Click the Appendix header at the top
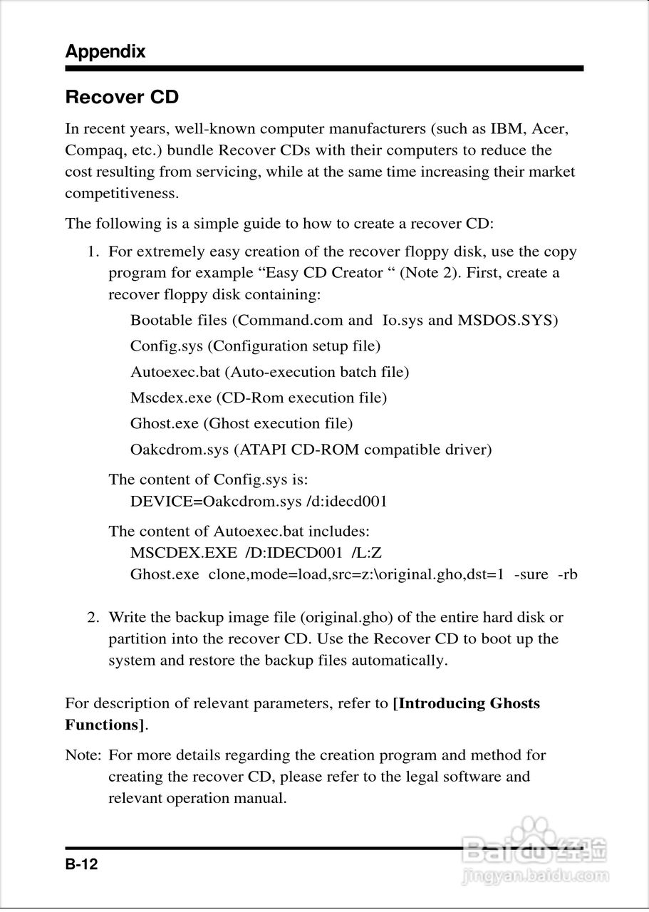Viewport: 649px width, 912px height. tap(105, 51)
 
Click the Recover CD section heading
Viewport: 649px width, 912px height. tap(122, 98)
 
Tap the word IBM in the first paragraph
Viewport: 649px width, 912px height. tap(507, 129)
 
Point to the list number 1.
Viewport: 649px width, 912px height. tap(92, 252)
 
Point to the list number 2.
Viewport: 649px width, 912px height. tap(93, 617)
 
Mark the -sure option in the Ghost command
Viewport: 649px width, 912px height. tap(531, 574)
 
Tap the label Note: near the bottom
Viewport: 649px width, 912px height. tap(83, 755)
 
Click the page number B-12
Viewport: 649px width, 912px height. tap(81, 865)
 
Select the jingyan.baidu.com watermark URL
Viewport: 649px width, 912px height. tap(536, 875)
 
